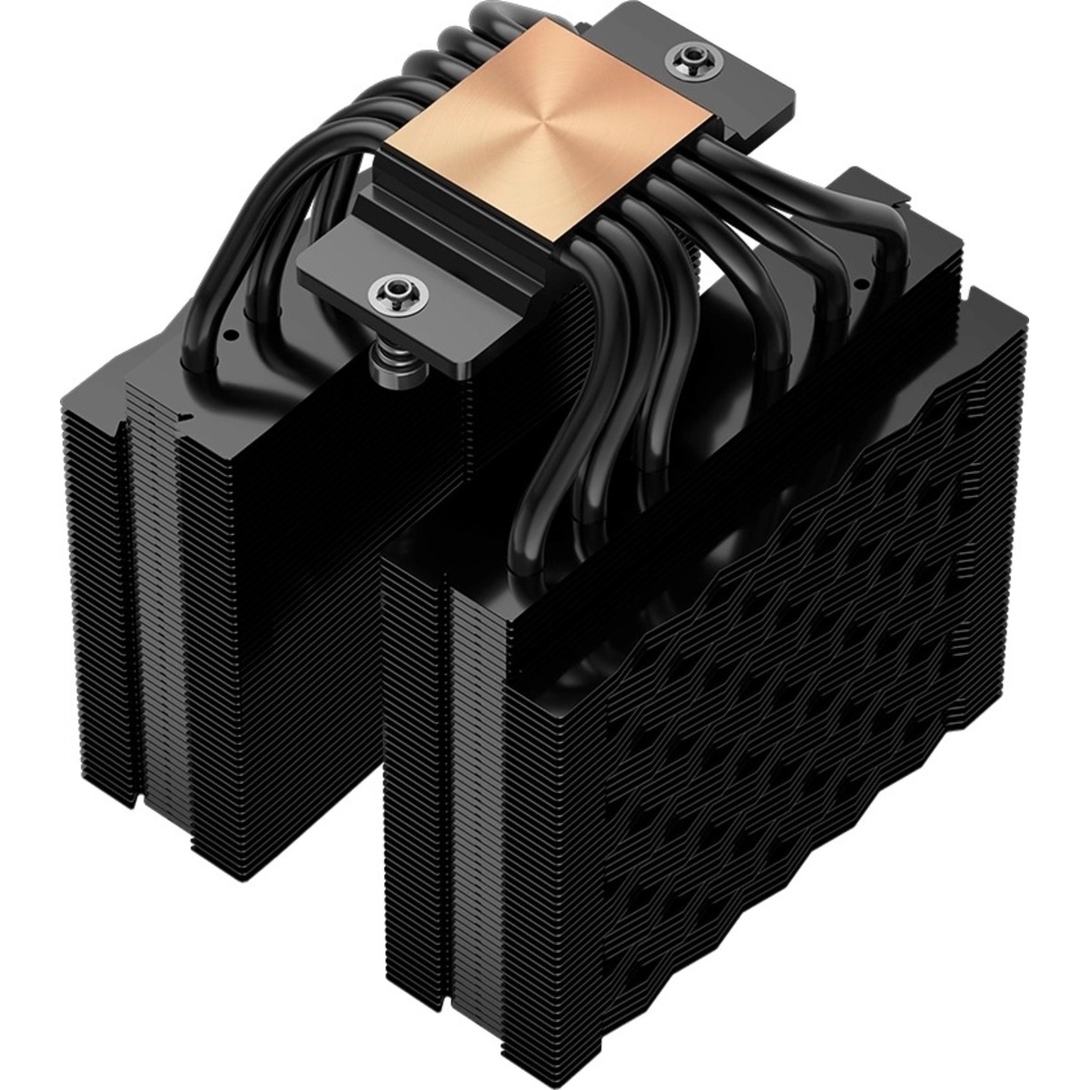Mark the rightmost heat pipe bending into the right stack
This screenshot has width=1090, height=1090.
coord(895,236)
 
